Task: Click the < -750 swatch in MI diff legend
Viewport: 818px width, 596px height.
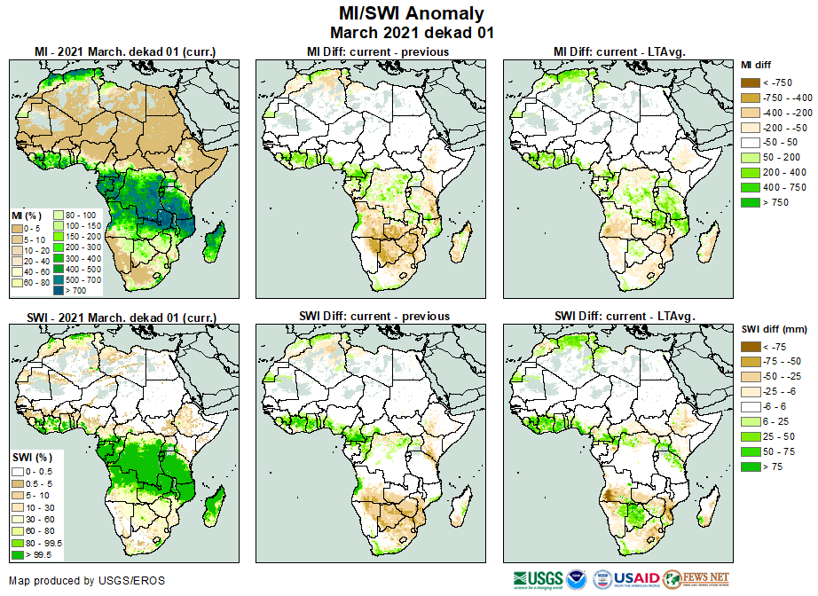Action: coord(751,82)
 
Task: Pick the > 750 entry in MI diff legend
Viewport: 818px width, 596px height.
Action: coord(751,202)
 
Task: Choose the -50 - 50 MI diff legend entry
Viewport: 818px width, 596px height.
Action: coord(751,142)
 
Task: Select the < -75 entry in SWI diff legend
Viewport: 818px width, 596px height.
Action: coord(751,347)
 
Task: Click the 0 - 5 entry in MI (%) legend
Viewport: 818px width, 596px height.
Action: coord(17,228)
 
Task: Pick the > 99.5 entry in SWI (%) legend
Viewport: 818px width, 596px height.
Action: coord(17,555)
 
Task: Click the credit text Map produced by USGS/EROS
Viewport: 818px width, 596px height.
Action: coord(87,582)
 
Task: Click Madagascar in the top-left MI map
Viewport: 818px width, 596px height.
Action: coord(212,242)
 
